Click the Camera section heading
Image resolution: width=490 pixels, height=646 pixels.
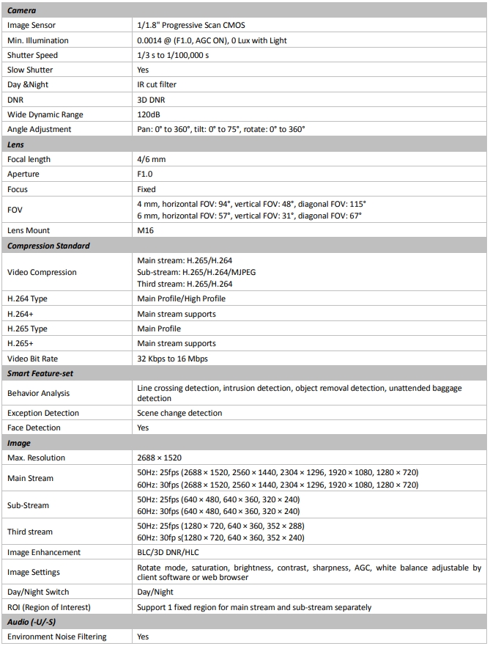pos(22,10)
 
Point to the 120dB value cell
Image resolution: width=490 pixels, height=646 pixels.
pos(150,114)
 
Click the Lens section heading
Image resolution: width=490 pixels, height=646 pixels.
pos(16,144)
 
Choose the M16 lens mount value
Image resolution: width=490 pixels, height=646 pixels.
pos(145,230)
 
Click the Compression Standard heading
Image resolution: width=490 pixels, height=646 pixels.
pos(48,246)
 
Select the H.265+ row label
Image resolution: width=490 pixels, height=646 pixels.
pos(23,343)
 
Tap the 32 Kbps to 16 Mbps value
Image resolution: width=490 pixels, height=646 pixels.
pos(174,359)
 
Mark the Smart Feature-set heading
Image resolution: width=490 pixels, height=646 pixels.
pos(40,373)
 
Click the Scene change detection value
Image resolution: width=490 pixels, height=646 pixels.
pos(179,413)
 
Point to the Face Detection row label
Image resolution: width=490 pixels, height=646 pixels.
pos(34,427)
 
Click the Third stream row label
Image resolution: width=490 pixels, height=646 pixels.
pos(30,532)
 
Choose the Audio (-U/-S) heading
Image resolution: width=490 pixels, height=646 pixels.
pos(31,622)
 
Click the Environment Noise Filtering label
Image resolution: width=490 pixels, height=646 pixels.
pos(56,636)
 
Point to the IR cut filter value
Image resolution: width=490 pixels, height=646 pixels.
pos(157,85)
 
